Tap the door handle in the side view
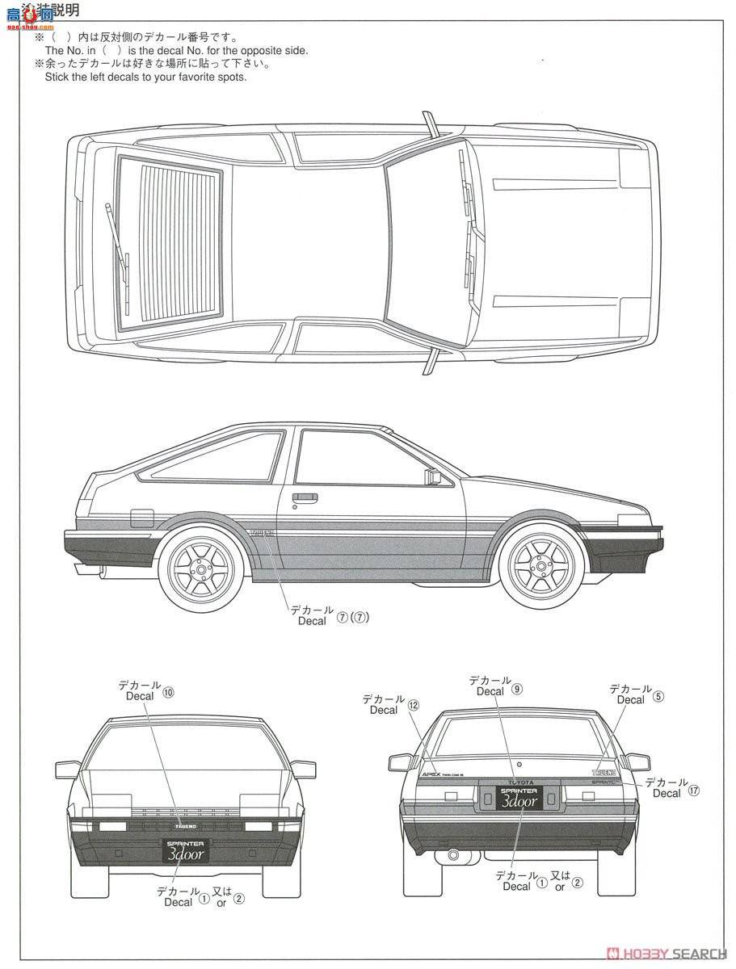coord(305,497)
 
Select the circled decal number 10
coord(168,692)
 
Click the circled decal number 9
coord(517,690)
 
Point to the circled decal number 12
coord(414,705)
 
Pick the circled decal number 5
coord(658,697)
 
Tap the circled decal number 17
coord(694,791)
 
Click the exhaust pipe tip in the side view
coord(103,573)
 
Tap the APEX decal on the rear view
coord(432,774)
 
